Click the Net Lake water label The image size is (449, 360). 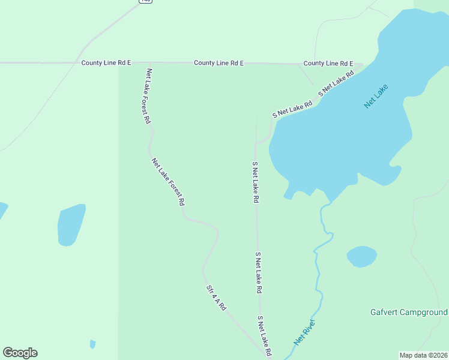pos(376,95)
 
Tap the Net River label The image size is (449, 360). pos(304,332)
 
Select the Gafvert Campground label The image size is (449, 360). pos(408,313)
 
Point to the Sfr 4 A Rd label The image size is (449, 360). pos(216,298)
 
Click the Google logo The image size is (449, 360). pos(20,353)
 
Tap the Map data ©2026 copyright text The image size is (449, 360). pos(424,355)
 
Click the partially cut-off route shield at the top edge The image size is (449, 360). pos(145,1)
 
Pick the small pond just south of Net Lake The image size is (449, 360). pos(362,256)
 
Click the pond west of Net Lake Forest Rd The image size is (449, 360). pos(71,225)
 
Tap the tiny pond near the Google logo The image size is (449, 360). pos(92,344)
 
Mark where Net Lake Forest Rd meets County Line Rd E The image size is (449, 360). pos(149,63)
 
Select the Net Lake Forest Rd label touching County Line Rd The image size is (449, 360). pos(148,96)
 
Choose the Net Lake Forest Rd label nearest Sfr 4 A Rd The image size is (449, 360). pos(167,182)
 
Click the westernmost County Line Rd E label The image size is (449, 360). pos(106,63)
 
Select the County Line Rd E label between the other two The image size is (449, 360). pos(218,63)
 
